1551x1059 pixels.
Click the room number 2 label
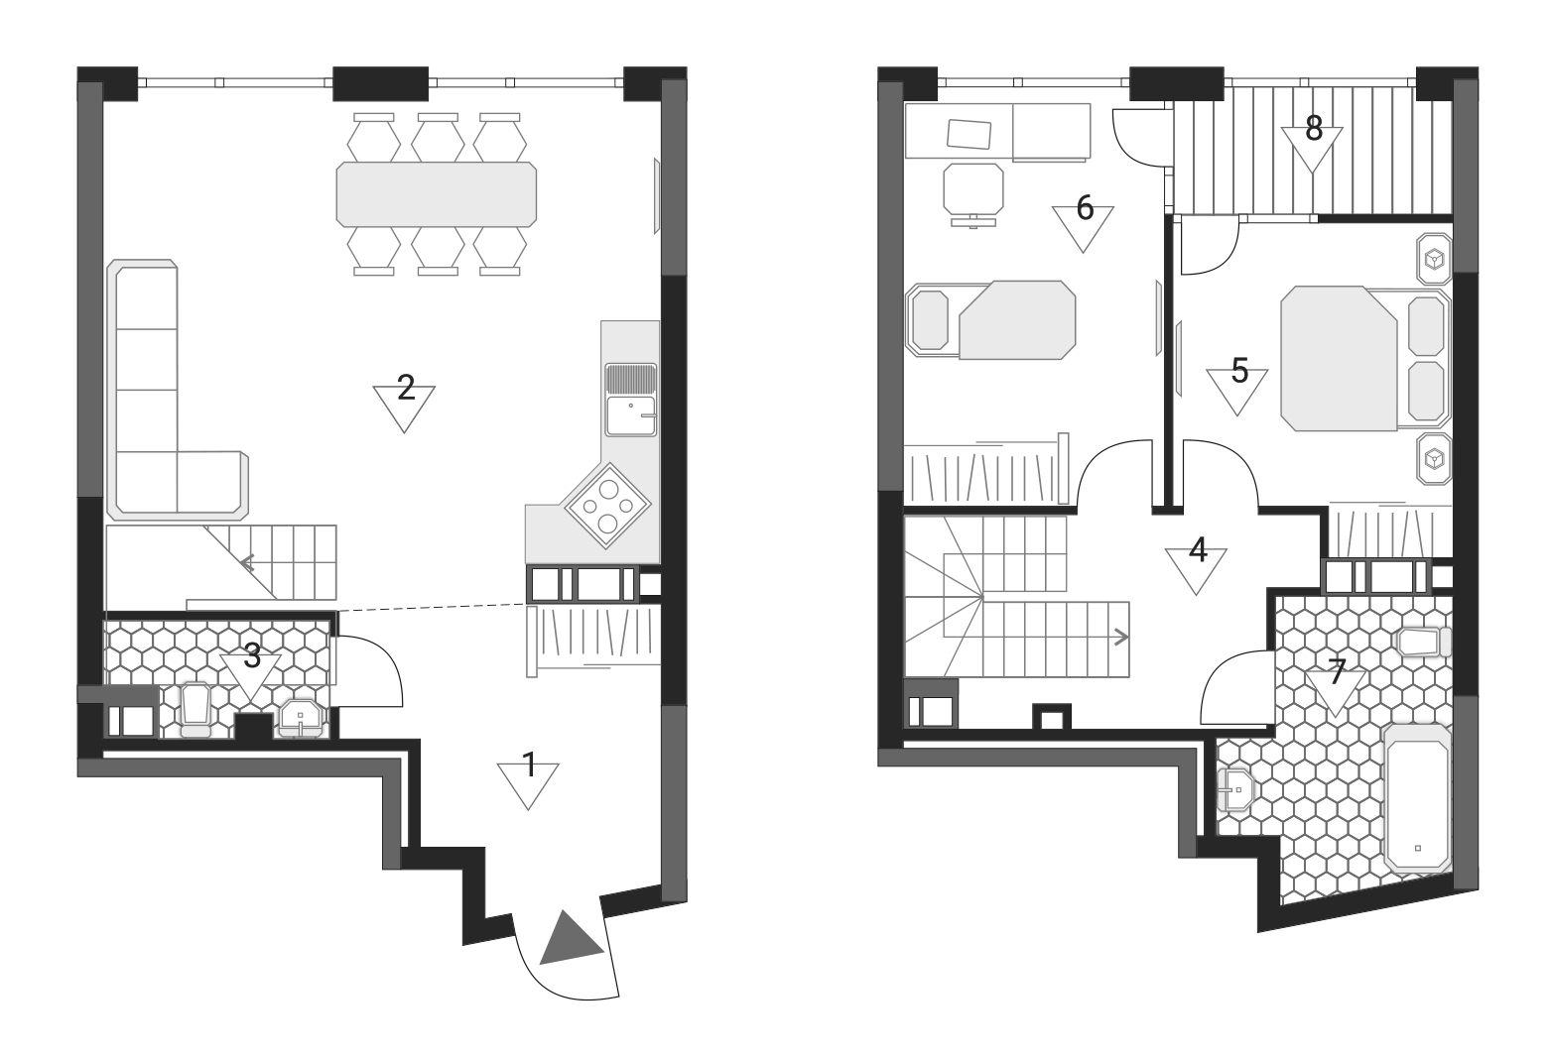(406, 388)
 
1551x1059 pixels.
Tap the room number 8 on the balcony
(1314, 128)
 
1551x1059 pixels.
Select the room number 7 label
(1337, 671)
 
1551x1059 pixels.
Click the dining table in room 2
(437, 194)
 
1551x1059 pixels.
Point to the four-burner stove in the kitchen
(607, 507)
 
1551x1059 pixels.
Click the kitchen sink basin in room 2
(631, 415)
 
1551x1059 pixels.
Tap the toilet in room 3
(194, 710)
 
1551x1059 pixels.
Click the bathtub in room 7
(1417, 797)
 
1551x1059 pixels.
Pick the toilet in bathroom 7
(1424, 643)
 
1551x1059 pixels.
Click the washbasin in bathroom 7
(1233, 789)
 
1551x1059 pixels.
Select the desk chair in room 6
(972, 194)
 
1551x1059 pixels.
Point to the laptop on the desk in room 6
(969, 134)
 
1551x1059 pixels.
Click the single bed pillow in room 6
(930, 320)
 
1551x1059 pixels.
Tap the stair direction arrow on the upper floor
(1120, 638)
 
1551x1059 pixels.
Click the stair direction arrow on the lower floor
(247, 563)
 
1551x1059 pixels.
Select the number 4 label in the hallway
(1198, 550)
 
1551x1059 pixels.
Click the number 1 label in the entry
(530, 765)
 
